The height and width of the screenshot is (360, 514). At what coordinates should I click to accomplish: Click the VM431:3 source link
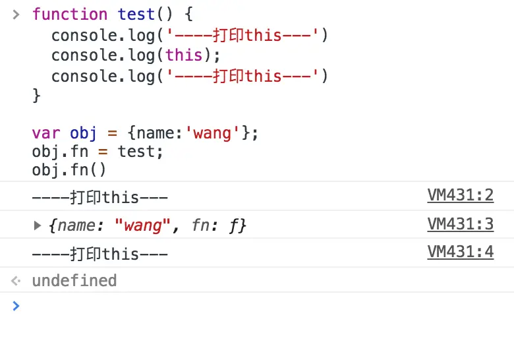coord(460,224)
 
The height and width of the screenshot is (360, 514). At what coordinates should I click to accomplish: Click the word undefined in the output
coord(74,281)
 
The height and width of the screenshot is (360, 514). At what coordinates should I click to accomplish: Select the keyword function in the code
coord(70,15)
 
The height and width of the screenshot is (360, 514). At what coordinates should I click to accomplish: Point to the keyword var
coord(46,134)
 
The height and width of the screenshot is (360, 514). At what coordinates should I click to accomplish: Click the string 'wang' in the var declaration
coord(213,134)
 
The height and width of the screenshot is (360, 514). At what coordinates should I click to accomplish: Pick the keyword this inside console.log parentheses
coord(185,55)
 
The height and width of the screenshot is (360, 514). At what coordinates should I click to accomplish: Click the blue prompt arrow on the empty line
coord(16,305)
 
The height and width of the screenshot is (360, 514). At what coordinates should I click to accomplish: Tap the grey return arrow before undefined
coord(16,281)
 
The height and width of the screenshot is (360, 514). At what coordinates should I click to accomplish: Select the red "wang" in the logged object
coord(143,225)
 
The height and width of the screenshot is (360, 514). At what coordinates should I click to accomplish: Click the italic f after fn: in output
coord(234,225)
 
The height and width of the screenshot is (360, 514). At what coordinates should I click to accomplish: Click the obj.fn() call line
coord(69,170)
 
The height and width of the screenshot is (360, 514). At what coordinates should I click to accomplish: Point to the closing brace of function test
coord(36,96)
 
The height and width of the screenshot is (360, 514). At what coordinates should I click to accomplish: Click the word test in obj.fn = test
coord(140,152)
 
